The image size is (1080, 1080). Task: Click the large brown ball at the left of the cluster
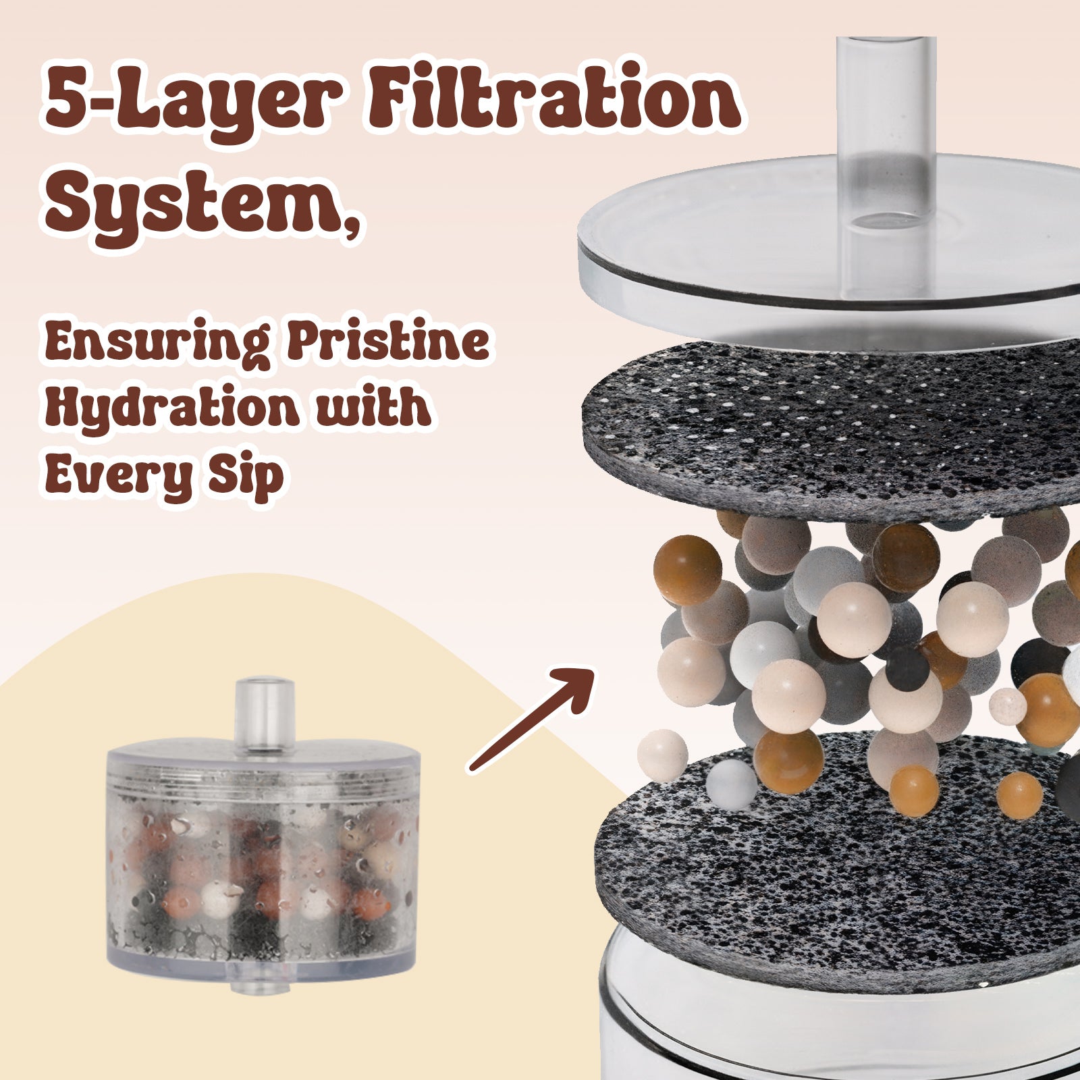(687, 570)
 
